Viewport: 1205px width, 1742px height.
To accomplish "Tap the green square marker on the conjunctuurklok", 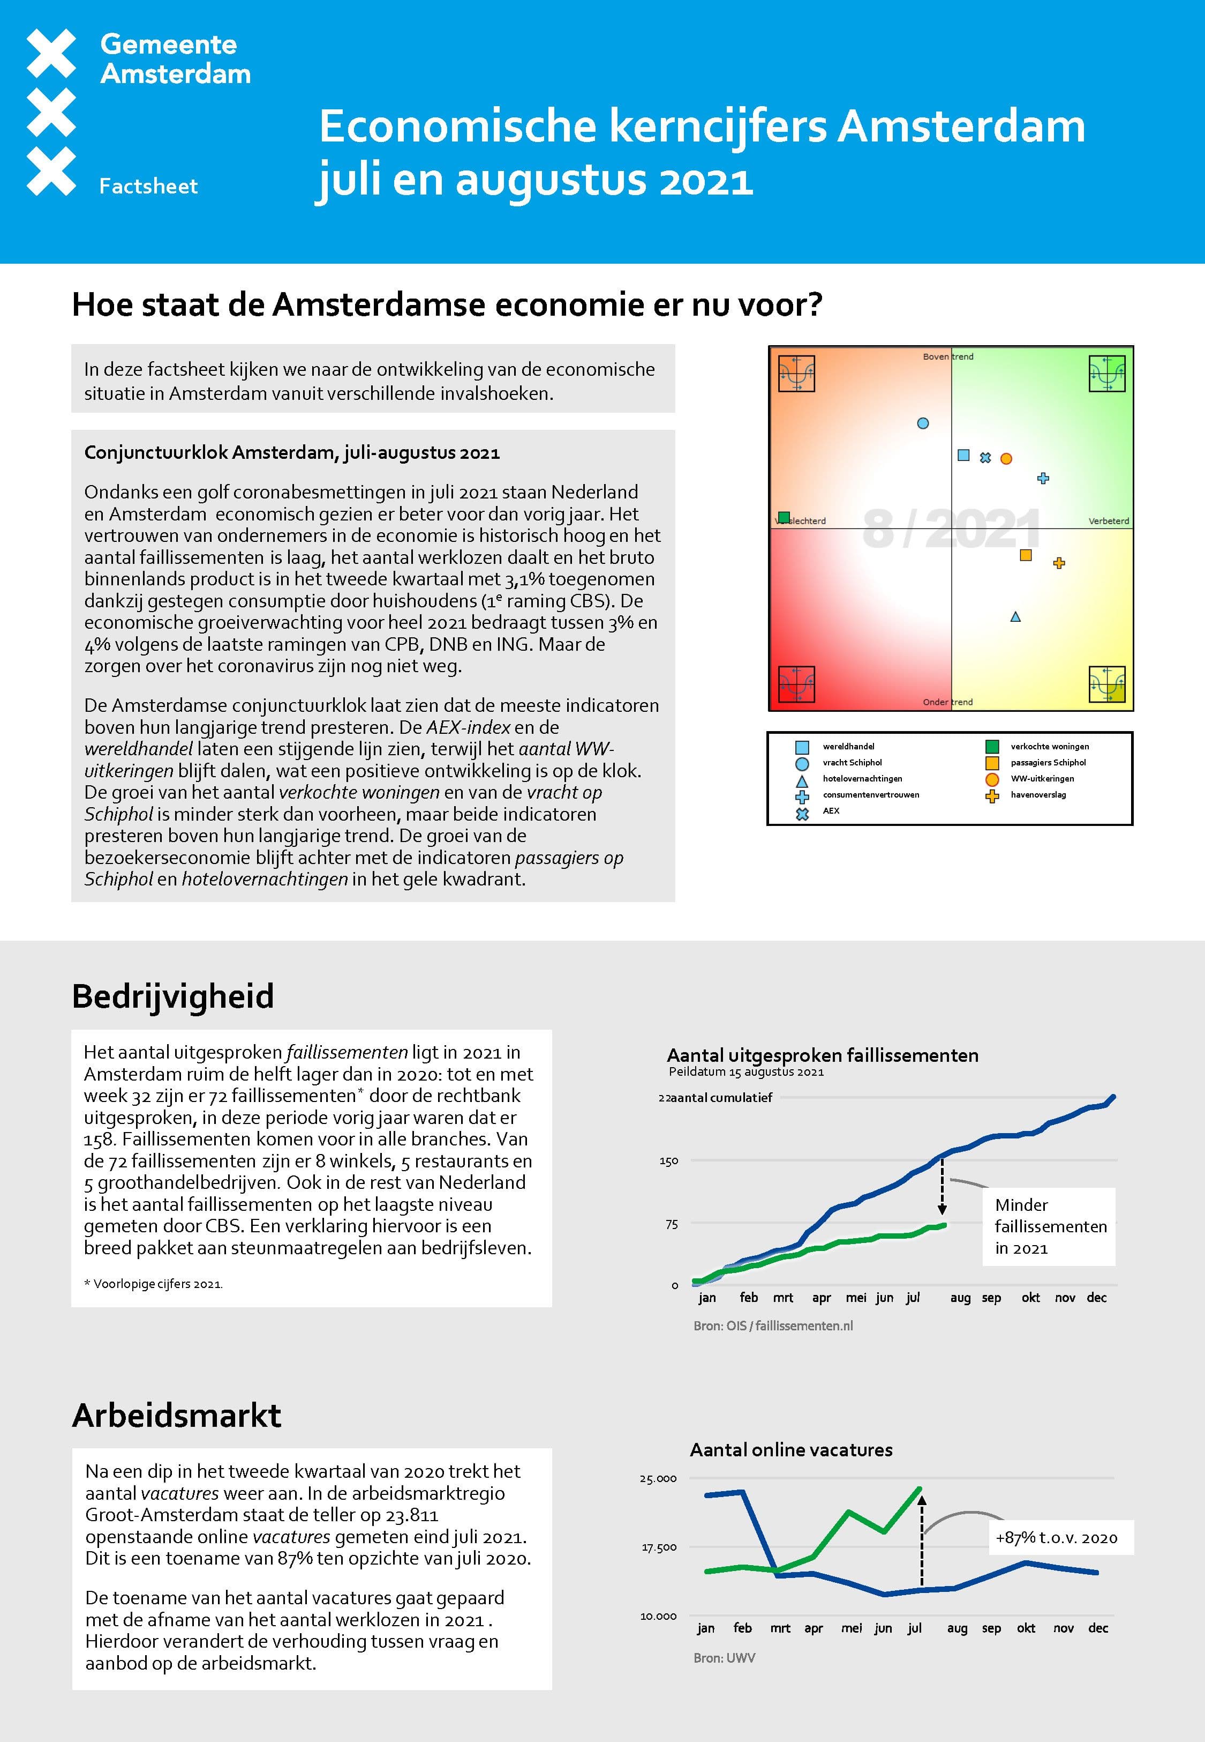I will pyautogui.click(x=784, y=517).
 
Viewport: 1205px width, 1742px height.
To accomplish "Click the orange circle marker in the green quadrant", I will pyautogui.click(x=1006, y=458).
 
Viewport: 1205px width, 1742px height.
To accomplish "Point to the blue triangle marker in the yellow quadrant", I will pyautogui.click(x=1015, y=617).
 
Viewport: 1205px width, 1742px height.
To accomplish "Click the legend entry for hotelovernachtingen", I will pyautogui.click(x=862, y=779).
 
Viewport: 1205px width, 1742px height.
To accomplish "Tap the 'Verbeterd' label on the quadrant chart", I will pyautogui.click(x=1109, y=521).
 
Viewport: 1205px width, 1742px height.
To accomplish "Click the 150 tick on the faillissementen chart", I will pyautogui.click(x=669, y=1161).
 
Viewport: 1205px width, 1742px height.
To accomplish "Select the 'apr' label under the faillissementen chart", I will pyautogui.click(x=822, y=1298).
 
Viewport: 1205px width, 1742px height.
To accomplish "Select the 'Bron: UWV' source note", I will pyautogui.click(x=724, y=1658).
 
